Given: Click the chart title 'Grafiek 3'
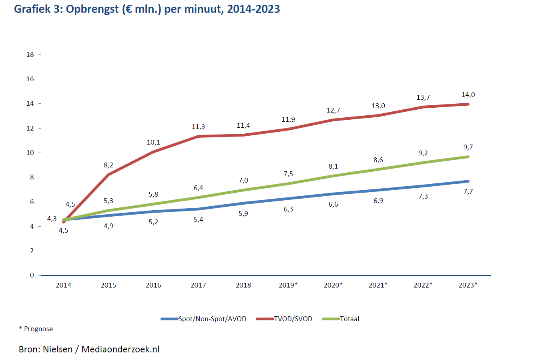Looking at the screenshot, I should (147, 9).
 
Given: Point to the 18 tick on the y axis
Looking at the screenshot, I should (30, 54).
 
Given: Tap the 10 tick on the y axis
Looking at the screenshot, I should (30, 153).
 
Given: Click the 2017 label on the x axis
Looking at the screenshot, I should (198, 285).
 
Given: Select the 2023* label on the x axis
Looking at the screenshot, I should (468, 285).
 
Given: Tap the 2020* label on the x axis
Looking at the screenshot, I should (333, 285).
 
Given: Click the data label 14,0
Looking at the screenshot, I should (468, 95).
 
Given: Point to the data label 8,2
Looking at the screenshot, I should (108, 165).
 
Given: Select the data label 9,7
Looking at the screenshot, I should (468, 147).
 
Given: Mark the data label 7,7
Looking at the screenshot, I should (468, 192).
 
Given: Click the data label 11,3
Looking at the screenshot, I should (198, 127).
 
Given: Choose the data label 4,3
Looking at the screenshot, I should (52, 219).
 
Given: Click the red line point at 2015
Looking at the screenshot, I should (108, 174).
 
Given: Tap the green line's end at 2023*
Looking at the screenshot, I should (468, 157).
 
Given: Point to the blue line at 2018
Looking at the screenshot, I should (243, 203).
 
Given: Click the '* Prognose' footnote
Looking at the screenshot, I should (36, 329).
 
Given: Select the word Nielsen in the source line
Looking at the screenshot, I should (58, 349).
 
